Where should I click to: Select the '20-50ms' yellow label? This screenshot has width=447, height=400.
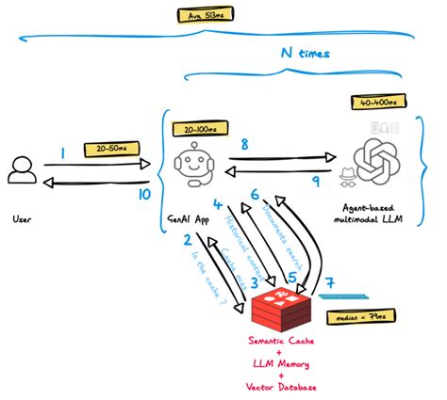coord(108,149)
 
